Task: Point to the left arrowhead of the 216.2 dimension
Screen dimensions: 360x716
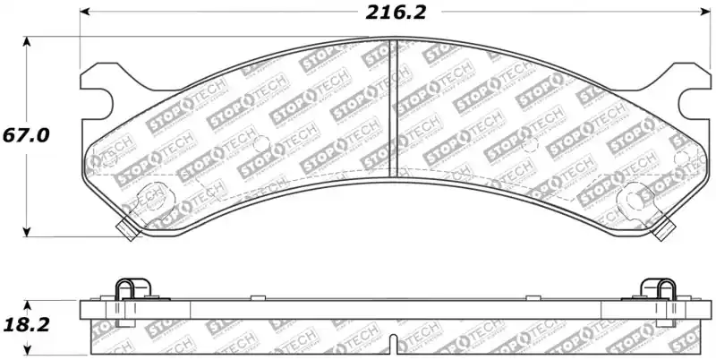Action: [x=86, y=13]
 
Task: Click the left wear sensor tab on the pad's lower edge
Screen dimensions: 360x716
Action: [x=127, y=231]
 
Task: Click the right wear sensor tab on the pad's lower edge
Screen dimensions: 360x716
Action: [x=663, y=231]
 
